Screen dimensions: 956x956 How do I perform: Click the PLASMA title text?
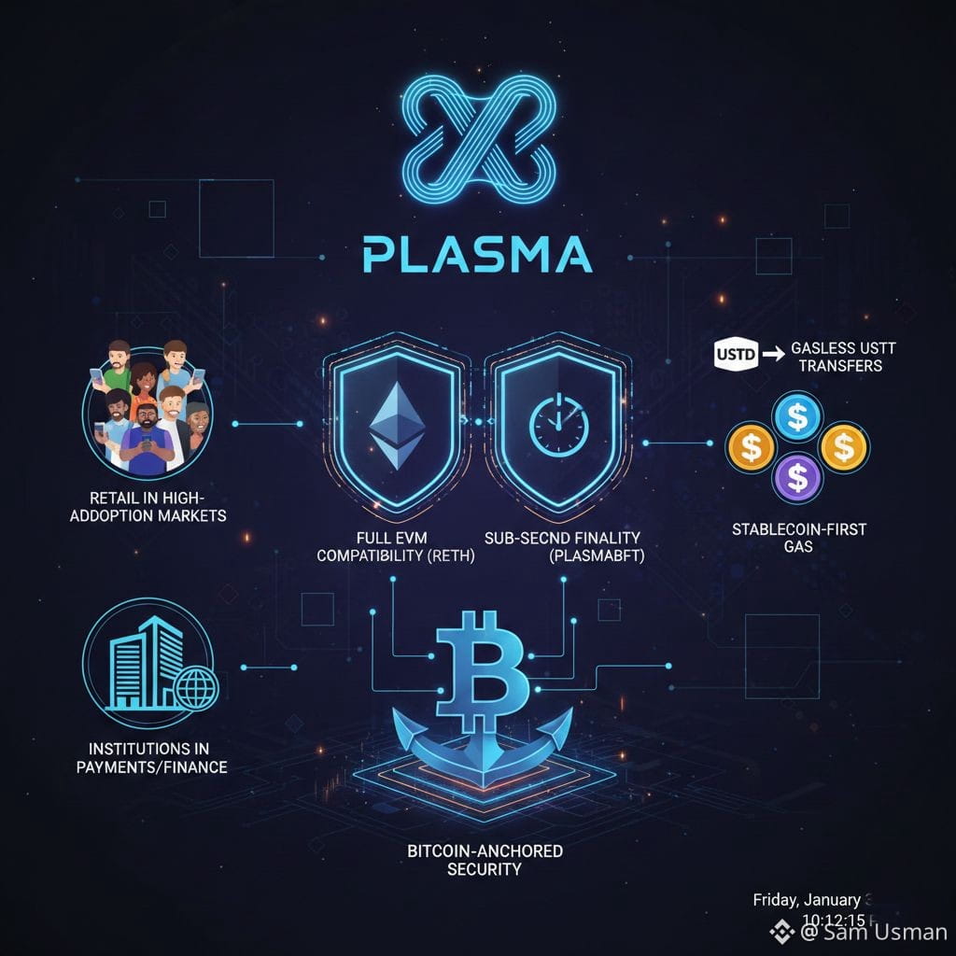pos(477,254)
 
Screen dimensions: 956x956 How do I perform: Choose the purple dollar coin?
pos(797,479)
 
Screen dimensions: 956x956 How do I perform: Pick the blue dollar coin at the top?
pos(797,416)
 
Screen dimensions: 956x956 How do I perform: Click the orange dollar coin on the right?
pos(843,448)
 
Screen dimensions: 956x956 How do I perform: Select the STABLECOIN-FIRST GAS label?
pos(798,538)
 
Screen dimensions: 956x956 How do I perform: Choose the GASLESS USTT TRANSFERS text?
pos(836,356)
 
